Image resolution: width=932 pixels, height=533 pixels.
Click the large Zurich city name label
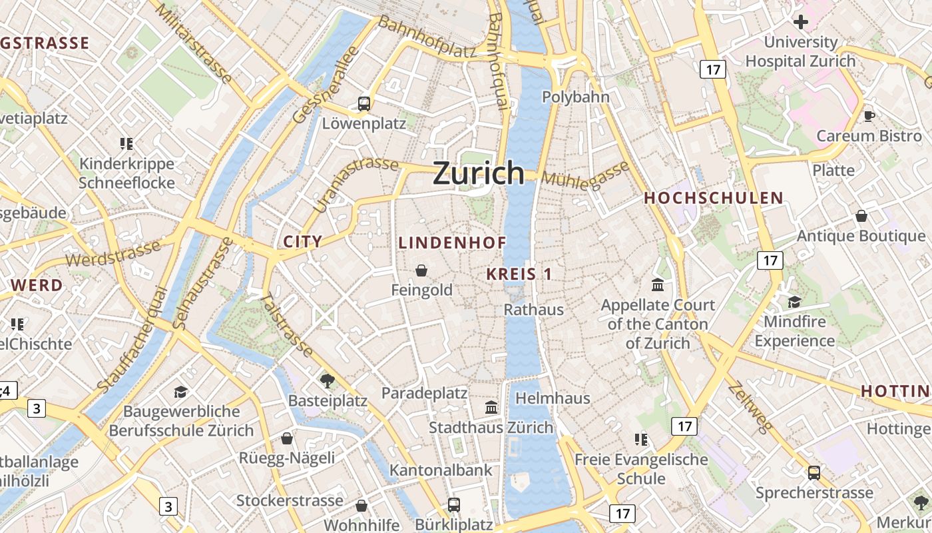pos(479,173)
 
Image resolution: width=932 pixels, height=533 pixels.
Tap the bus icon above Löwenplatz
pos(363,103)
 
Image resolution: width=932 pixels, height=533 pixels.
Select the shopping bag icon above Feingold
pos(421,270)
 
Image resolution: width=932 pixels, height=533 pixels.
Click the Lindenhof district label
pos(453,243)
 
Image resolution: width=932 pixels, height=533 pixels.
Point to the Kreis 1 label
pos(519,274)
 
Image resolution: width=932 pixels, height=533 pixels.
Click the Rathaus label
pos(533,309)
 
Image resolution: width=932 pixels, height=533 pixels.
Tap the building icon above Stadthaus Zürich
pos(491,407)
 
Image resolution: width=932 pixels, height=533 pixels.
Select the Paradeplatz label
pos(424,393)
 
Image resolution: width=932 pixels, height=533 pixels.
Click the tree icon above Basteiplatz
pos(327,381)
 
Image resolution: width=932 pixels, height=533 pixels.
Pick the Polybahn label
pos(575,97)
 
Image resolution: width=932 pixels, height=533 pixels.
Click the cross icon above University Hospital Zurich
pos(800,22)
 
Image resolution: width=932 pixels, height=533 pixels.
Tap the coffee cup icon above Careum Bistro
pos(869,116)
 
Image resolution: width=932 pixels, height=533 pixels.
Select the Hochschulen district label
pos(713,198)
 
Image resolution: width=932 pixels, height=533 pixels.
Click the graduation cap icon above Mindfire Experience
pos(794,302)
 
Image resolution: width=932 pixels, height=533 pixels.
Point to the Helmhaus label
pos(553,398)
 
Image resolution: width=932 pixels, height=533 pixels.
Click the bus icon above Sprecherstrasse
pos(814,473)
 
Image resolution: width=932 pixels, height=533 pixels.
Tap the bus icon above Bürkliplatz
pos(453,505)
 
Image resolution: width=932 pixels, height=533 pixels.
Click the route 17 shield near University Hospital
pos(712,69)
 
